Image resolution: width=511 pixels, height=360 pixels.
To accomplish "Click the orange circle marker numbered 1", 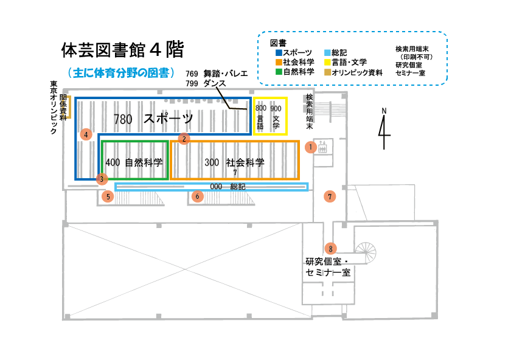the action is [x=311, y=147].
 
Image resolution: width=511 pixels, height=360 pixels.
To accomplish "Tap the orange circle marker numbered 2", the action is [x=184, y=139].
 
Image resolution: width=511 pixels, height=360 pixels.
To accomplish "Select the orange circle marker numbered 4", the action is [x=86, y=134].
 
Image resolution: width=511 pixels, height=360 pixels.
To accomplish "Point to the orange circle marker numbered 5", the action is [x=108, y=196].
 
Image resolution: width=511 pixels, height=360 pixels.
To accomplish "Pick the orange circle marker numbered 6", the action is [x=197, y=196].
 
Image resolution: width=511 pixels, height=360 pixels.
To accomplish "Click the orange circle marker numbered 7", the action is [x=330, y=196].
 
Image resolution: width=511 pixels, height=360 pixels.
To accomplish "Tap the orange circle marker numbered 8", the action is [x=330, y=249].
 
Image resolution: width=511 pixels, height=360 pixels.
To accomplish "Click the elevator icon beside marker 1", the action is [x=322, y=147].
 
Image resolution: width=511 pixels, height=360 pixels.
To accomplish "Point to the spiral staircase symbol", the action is [x=366, y=252].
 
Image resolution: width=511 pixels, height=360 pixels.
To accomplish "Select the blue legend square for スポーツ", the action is [x=279, y=53].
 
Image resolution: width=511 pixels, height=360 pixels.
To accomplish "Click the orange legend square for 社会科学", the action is [x=279, y=62].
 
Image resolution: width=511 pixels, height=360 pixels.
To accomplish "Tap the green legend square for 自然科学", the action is [x=279, y=72].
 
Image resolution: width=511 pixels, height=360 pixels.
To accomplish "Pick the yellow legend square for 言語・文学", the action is [x=327, y=62].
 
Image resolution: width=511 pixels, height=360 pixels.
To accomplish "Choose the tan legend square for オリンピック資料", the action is [x=327, y=72].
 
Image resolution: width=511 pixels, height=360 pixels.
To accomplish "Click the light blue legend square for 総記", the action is [x=327, y=53].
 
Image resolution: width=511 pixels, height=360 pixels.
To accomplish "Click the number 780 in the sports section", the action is [x=123, y=119].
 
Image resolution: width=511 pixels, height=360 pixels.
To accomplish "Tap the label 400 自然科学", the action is [x=134, y=162].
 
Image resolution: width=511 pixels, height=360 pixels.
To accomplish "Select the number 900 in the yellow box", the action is [x=276, y=108].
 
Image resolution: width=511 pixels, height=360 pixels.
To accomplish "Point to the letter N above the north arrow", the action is [x=384, y=111].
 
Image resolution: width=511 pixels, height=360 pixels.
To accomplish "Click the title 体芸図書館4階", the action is [x=122, y=49].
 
